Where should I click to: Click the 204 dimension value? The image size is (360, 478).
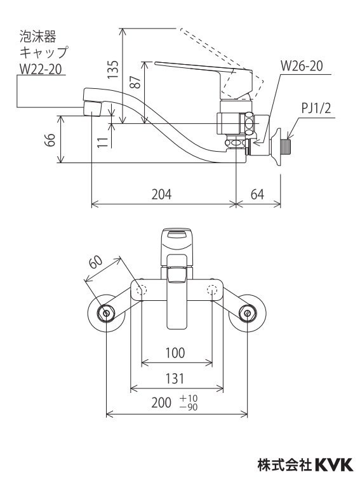[x=161, y=194]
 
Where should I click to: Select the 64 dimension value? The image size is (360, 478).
[x=257, y=194]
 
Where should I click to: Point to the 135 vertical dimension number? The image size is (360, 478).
[x=113, y=69]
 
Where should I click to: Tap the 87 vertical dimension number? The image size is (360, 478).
[x=136, y=82]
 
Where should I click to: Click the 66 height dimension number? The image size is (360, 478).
[x=50, y=140]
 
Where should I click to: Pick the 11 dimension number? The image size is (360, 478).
[x=103, y=142]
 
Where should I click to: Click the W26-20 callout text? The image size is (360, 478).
[x=302, y=66]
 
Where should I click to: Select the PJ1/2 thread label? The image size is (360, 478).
[x=316, y=108]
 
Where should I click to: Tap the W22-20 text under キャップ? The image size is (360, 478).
[x=41, y=69]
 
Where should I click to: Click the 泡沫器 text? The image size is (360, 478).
[x=38, y=36]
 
